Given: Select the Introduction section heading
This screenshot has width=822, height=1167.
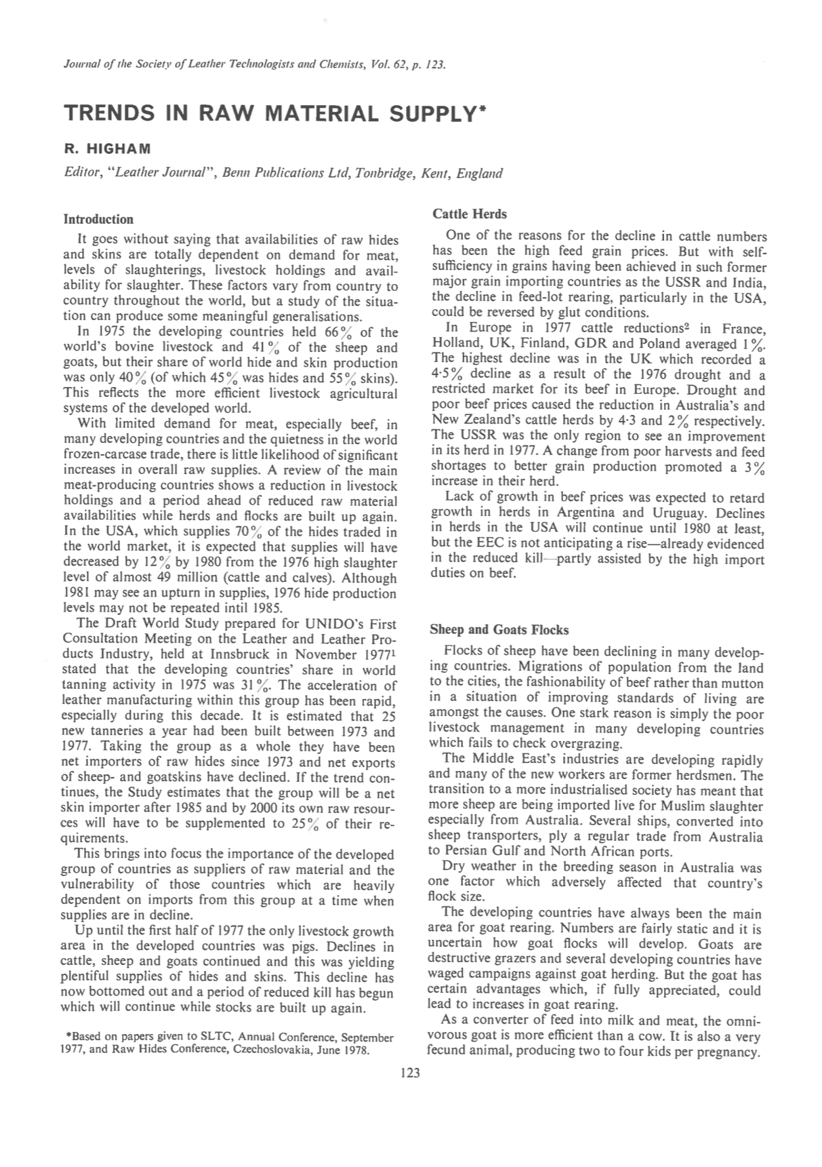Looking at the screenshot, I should (98, 219).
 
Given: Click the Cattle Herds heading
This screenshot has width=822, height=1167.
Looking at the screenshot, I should (469, 214).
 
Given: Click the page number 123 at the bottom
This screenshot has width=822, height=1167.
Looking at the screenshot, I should (411, 1073).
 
